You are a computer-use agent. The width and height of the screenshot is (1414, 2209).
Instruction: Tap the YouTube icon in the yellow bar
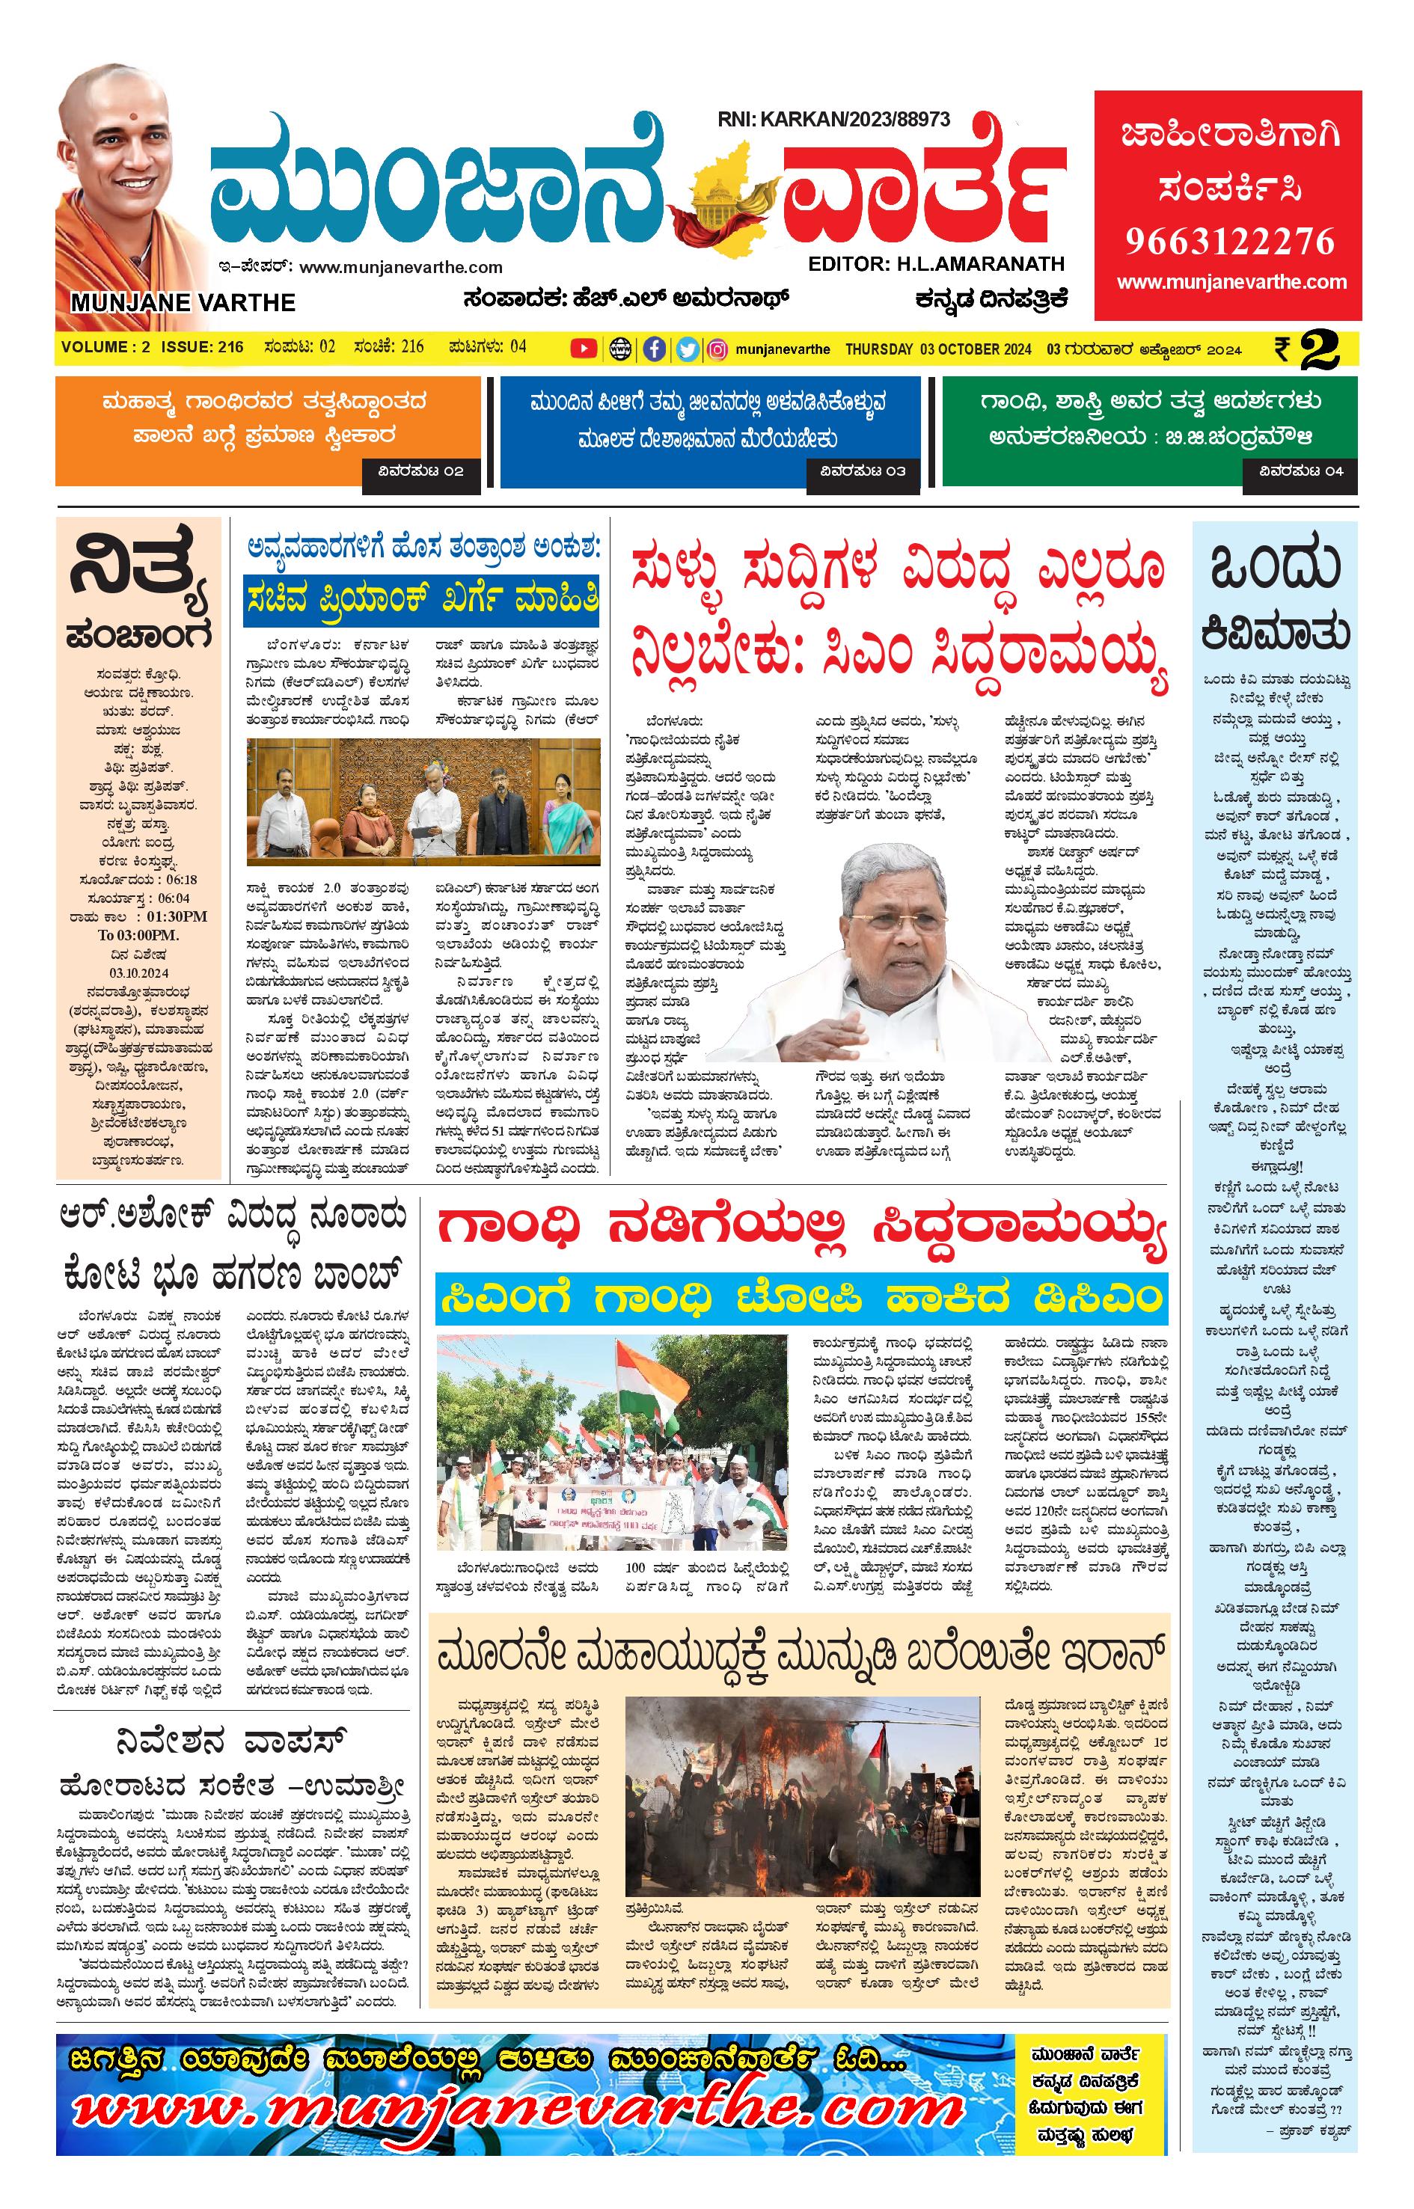click(x=583, y=349)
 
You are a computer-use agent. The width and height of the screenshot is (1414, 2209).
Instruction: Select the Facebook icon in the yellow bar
click(x=654, y=349)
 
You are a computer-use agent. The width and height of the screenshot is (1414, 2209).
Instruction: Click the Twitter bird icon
click(x=687, y=349)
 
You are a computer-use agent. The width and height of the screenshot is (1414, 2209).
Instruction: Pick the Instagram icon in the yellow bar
click(x=719, y=349)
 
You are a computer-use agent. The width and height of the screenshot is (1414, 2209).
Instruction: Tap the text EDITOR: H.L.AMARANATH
click(x=936, y=264)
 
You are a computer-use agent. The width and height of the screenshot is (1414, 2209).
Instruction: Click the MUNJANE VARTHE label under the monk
click(x=182, y=303)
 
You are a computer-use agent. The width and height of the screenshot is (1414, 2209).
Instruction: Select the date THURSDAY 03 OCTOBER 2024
click(x=937, y=349)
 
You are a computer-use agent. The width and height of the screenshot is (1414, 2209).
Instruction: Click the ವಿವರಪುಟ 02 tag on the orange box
click(x=421, y=472)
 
